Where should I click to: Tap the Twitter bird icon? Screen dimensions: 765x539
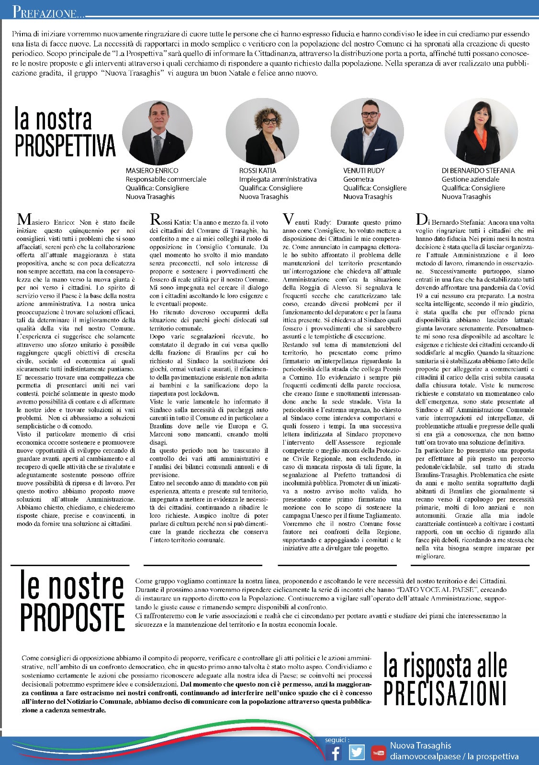click(x=357, y=753)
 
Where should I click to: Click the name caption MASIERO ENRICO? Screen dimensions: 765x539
click(x=152, y=171)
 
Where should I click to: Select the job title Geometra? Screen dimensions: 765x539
click(x=358, y=179)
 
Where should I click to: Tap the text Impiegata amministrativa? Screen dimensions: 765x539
click(x=278, y=179)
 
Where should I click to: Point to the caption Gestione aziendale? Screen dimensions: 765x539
click(x=470, y=179)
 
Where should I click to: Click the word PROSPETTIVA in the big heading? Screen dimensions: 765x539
click(x=65, y=146)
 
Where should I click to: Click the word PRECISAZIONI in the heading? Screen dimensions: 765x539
click(x=445, y=693)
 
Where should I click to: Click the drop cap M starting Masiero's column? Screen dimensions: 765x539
click(x=23, y=219)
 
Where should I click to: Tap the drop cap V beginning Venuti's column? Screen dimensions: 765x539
click(x=288, y=219)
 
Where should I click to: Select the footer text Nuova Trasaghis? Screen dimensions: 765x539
click(x=420, y=745)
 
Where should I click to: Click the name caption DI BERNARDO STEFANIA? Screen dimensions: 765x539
click(x=478, y=171)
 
